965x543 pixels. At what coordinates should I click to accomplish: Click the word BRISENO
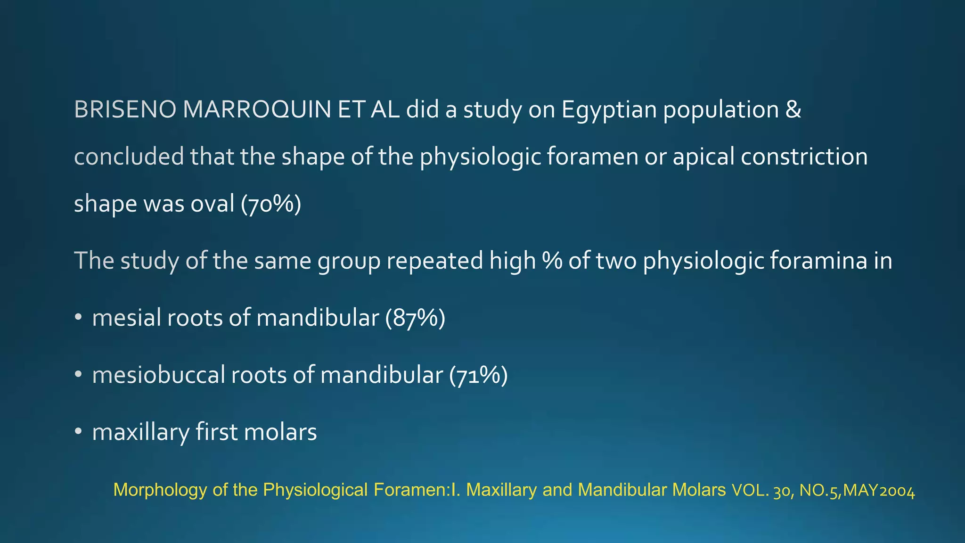125,110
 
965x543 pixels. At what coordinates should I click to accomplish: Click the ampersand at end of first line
793,110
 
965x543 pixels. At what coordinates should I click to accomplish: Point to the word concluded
129,156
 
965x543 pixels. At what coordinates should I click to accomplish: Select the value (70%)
271,204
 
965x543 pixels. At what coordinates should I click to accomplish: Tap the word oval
213,204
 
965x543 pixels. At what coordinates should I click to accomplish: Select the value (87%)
415,318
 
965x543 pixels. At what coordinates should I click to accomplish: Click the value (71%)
478,376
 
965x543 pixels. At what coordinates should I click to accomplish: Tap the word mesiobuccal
159,376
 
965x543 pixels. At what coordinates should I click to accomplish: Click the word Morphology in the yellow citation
160,490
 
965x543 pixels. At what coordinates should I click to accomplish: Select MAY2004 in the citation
879,491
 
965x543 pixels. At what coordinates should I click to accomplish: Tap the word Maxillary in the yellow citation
501,490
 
